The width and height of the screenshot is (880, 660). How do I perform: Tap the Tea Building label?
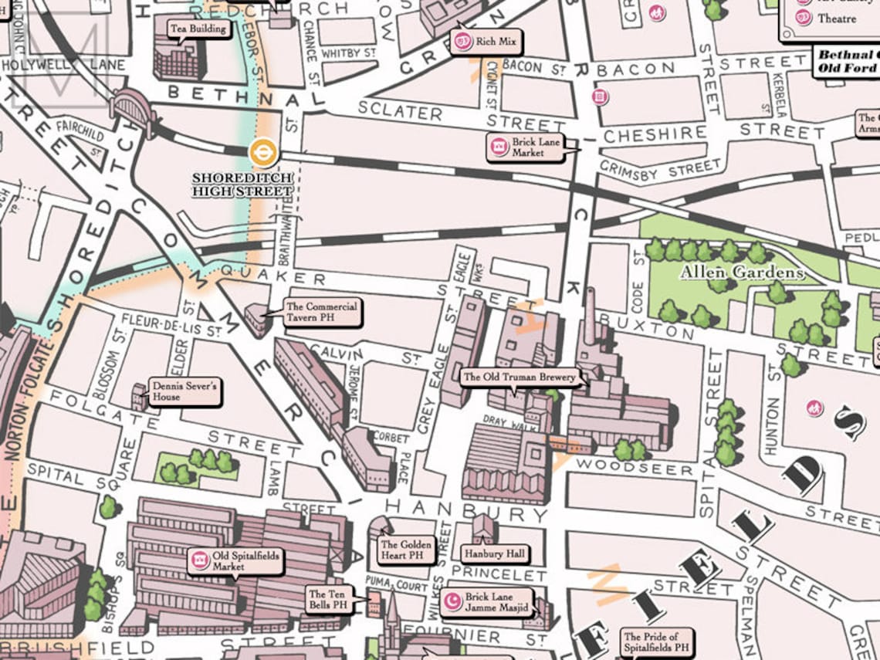click(199, 29)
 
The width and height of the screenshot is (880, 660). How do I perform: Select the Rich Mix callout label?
click(486, 42)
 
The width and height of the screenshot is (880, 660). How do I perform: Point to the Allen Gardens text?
click(741, 272)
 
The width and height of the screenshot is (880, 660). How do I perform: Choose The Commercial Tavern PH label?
click(320, 312)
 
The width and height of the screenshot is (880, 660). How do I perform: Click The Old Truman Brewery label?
click(519, 377)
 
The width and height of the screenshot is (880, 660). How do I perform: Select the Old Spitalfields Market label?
click(235, 561)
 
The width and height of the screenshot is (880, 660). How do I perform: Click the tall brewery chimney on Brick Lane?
click(591, 316)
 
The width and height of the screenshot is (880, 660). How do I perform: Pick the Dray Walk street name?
click(505, 420)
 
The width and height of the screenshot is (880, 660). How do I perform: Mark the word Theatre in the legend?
click(837, 19)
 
